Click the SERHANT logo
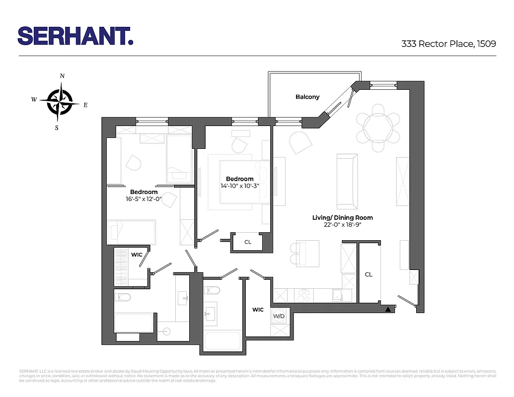click(x=75, y=36)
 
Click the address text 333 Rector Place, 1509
click(x=448, y=44)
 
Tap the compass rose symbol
click(x=60, y=101)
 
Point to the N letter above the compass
click(x=62, y=76)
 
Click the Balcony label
click(x=307, y=97)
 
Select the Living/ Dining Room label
click(x=342, y=217)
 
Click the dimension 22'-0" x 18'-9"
click(x=342, y=225)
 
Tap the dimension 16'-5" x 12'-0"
click(x=144, y=198)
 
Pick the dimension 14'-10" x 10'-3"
click(x=239, y=186)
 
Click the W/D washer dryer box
click(x=278, y=316)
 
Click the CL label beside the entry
click(x=368, y=274)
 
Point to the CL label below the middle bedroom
click(x=247, y=243)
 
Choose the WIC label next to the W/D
click(x=258, y=310)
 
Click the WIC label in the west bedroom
click(x=137, y=255)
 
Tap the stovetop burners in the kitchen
click(x=303, y=295)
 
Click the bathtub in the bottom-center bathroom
click(x=222, y=341)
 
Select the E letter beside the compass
click(x=85, y=105)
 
